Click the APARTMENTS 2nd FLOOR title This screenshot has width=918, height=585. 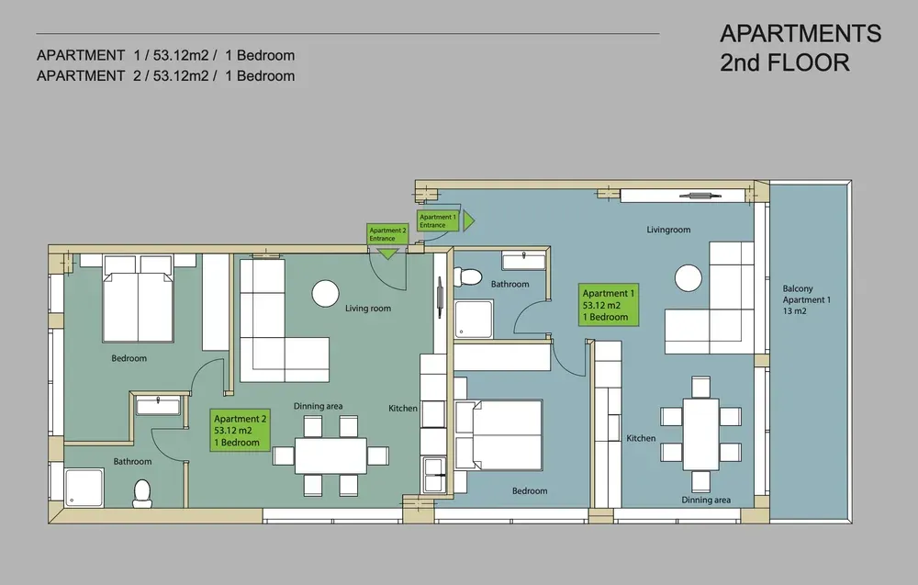(800, 48)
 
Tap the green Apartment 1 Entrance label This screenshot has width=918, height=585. (437, 220)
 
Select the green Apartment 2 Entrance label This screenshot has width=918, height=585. (387, 234)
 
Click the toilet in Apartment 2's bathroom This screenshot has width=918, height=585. (142, 494)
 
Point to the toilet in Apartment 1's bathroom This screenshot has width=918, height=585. (467, 277)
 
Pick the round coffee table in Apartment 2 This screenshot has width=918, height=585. (326, 293)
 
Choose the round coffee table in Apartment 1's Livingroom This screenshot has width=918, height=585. (688, 278)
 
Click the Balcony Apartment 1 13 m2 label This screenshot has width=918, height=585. (806, 299)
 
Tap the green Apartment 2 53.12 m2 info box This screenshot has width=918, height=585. (240, 431)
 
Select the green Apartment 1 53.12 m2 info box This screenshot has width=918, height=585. (609, 305)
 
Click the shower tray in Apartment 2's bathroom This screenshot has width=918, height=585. (84, 488)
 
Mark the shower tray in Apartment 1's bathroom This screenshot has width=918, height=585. (474, 320)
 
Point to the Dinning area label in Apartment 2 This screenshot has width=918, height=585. (318, 406)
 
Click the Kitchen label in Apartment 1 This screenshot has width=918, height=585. (641, 438)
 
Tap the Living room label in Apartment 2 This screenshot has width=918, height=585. (368, 308)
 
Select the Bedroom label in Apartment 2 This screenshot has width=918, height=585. (129, 358)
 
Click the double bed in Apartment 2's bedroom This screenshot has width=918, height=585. (139, 298)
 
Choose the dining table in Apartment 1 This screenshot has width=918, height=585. (700, 433)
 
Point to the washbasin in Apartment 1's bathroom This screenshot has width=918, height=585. (523, 260)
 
